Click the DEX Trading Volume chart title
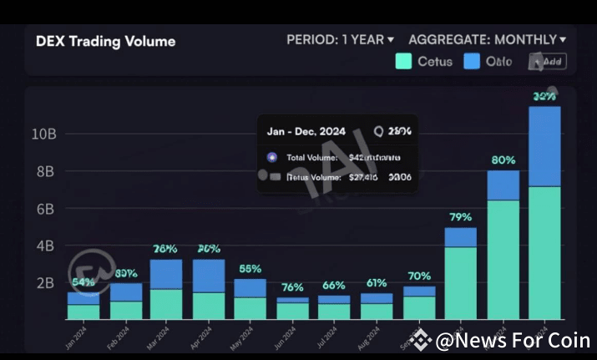[x=105, y=41]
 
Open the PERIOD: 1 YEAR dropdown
[x=340, y=39]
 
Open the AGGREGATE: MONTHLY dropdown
[x=487, y=39]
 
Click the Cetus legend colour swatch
[x=403, y=61]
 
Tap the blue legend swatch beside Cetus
[x=472, y=61]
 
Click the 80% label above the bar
[x=503, y=160]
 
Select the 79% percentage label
[x=460, y=217]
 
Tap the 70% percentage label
[x=418, y=276]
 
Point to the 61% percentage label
[x=376, y=282]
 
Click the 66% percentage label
[x=334, y=285]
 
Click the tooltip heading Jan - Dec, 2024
[x=306, y=131]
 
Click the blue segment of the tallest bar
[x=545, y=146]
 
